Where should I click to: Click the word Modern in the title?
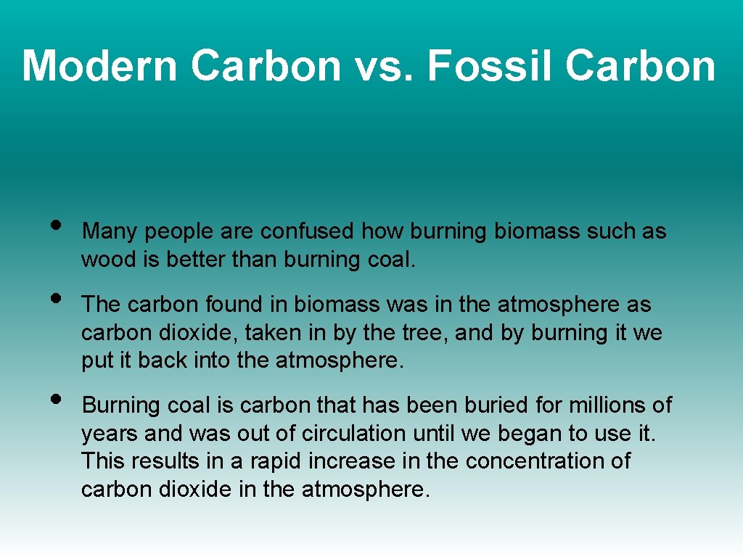pyautogui.click(x=100, y=66)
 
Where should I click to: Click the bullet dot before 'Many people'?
pyautogui.click(x=57, y=224)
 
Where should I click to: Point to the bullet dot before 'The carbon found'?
pyautogui.click(x=57, y=297)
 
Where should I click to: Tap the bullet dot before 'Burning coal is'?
pyautogui.click(x=57, y=397)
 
